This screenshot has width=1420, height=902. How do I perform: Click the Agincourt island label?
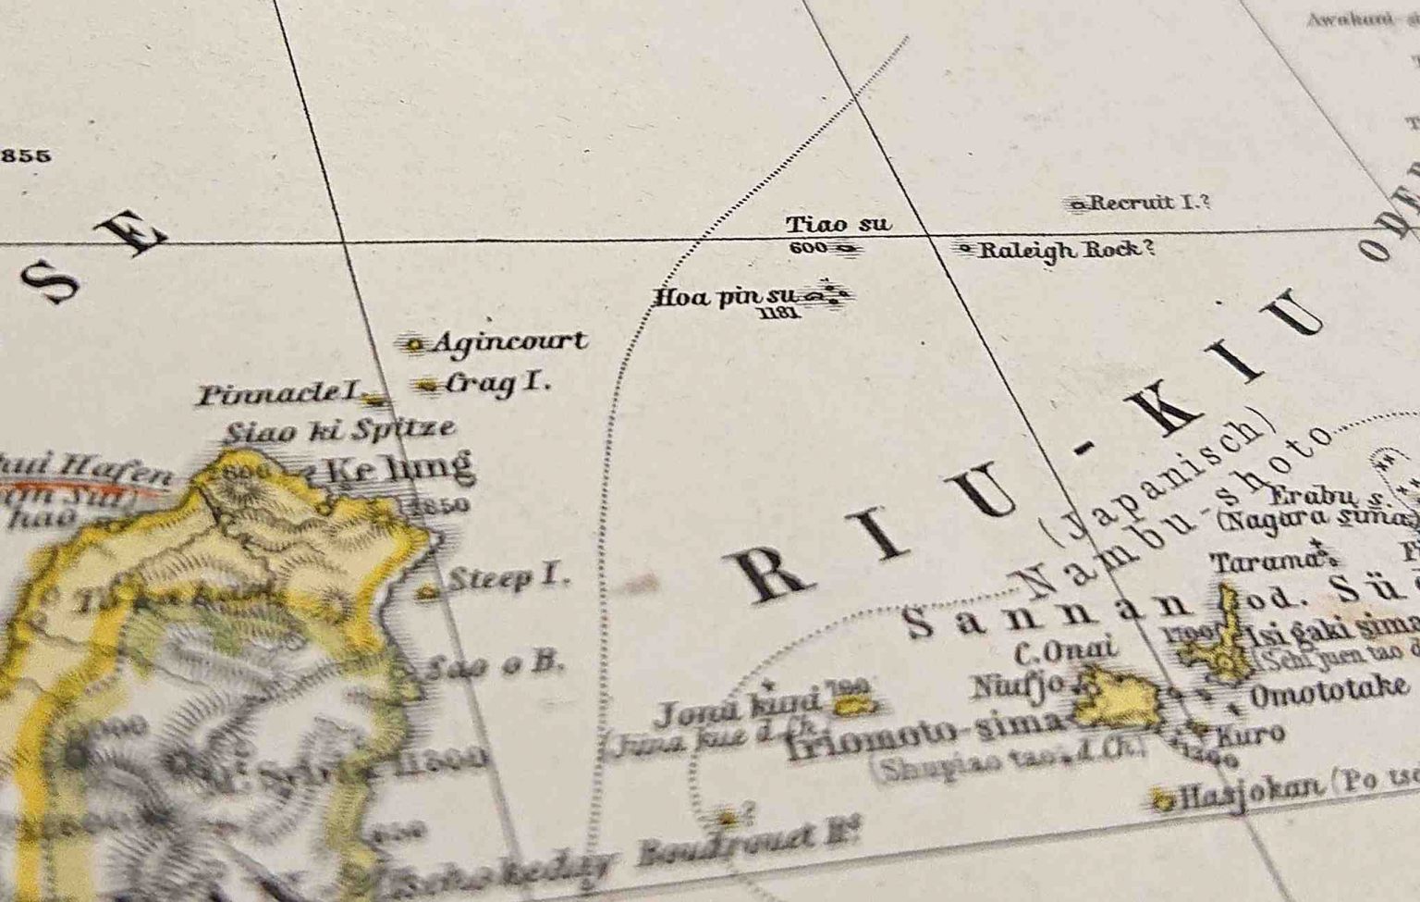point(509,342)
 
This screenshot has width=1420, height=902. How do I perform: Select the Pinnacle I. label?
point(278,395)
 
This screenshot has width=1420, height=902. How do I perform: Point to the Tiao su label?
point(838,224)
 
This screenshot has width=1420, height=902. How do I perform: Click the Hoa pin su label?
point(725,298)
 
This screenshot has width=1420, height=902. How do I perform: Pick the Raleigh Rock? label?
point(1067,250)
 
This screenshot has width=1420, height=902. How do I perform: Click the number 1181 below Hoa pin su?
point(777,315)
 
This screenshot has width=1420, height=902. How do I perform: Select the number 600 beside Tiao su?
point(808,248)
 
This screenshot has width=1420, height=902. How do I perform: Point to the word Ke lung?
point(399,467)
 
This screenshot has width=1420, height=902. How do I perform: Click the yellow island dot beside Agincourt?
point(415,345)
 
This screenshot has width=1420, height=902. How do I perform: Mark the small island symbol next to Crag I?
point(427,384)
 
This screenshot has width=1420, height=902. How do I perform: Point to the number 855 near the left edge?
point(26,155)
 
